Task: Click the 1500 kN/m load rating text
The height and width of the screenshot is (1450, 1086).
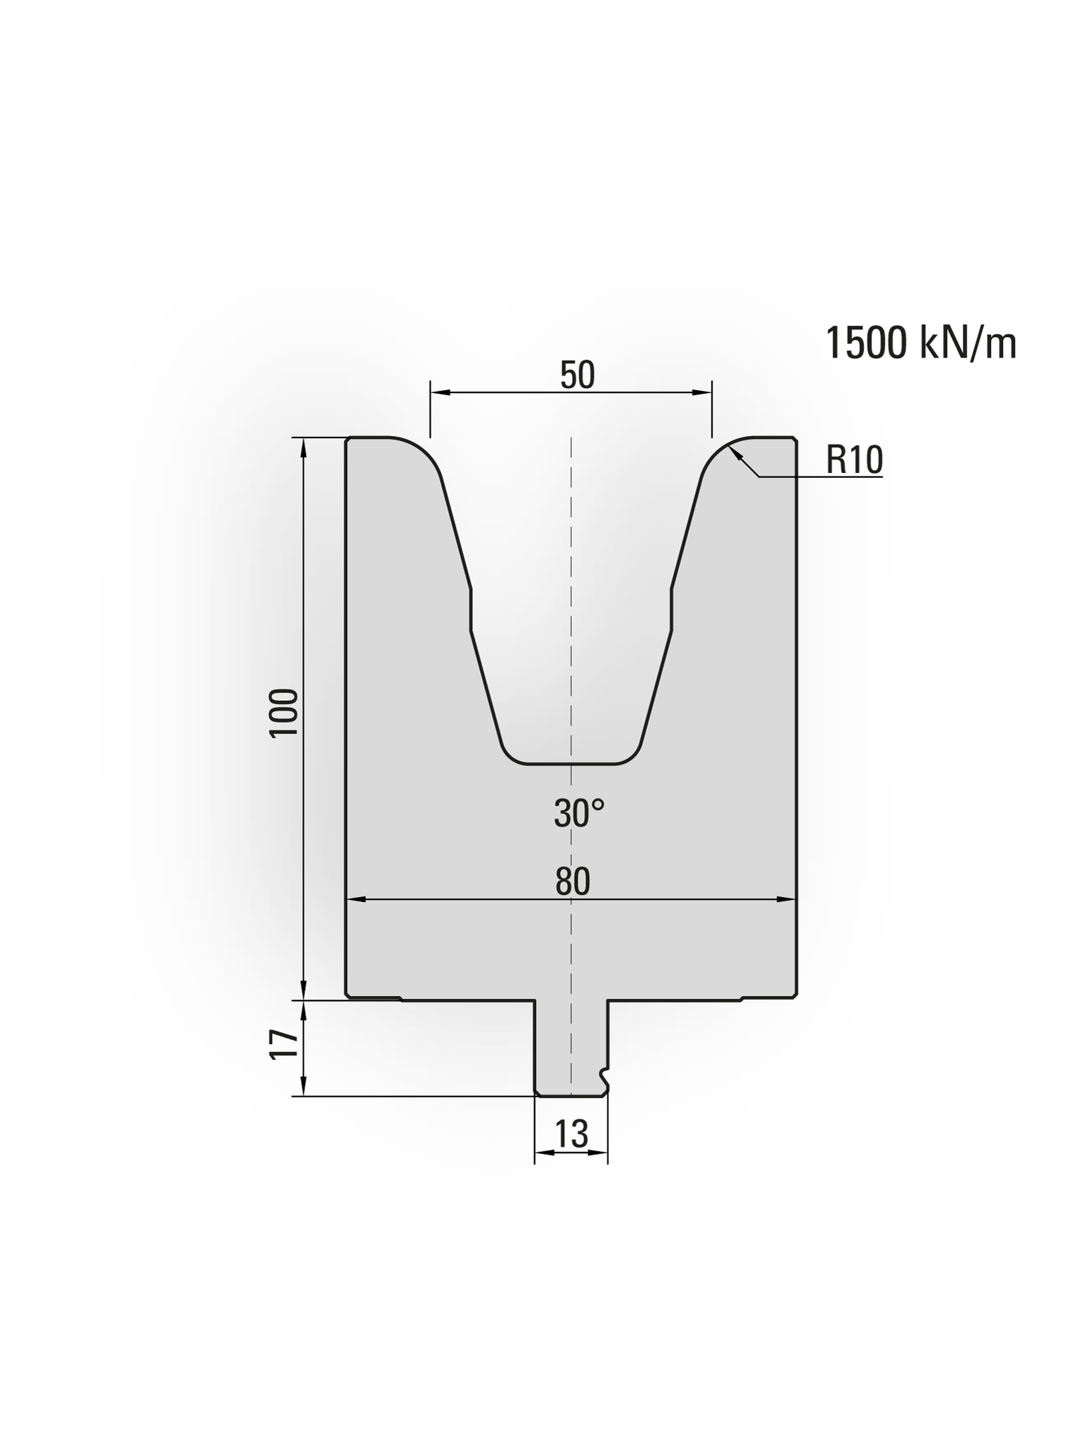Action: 921,344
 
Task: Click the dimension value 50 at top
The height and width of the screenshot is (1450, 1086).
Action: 577,375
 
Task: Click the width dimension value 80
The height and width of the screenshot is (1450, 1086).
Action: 572,882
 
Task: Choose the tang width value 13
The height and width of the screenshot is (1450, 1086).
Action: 571,1134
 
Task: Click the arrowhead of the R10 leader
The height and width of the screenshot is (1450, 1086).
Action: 736,454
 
